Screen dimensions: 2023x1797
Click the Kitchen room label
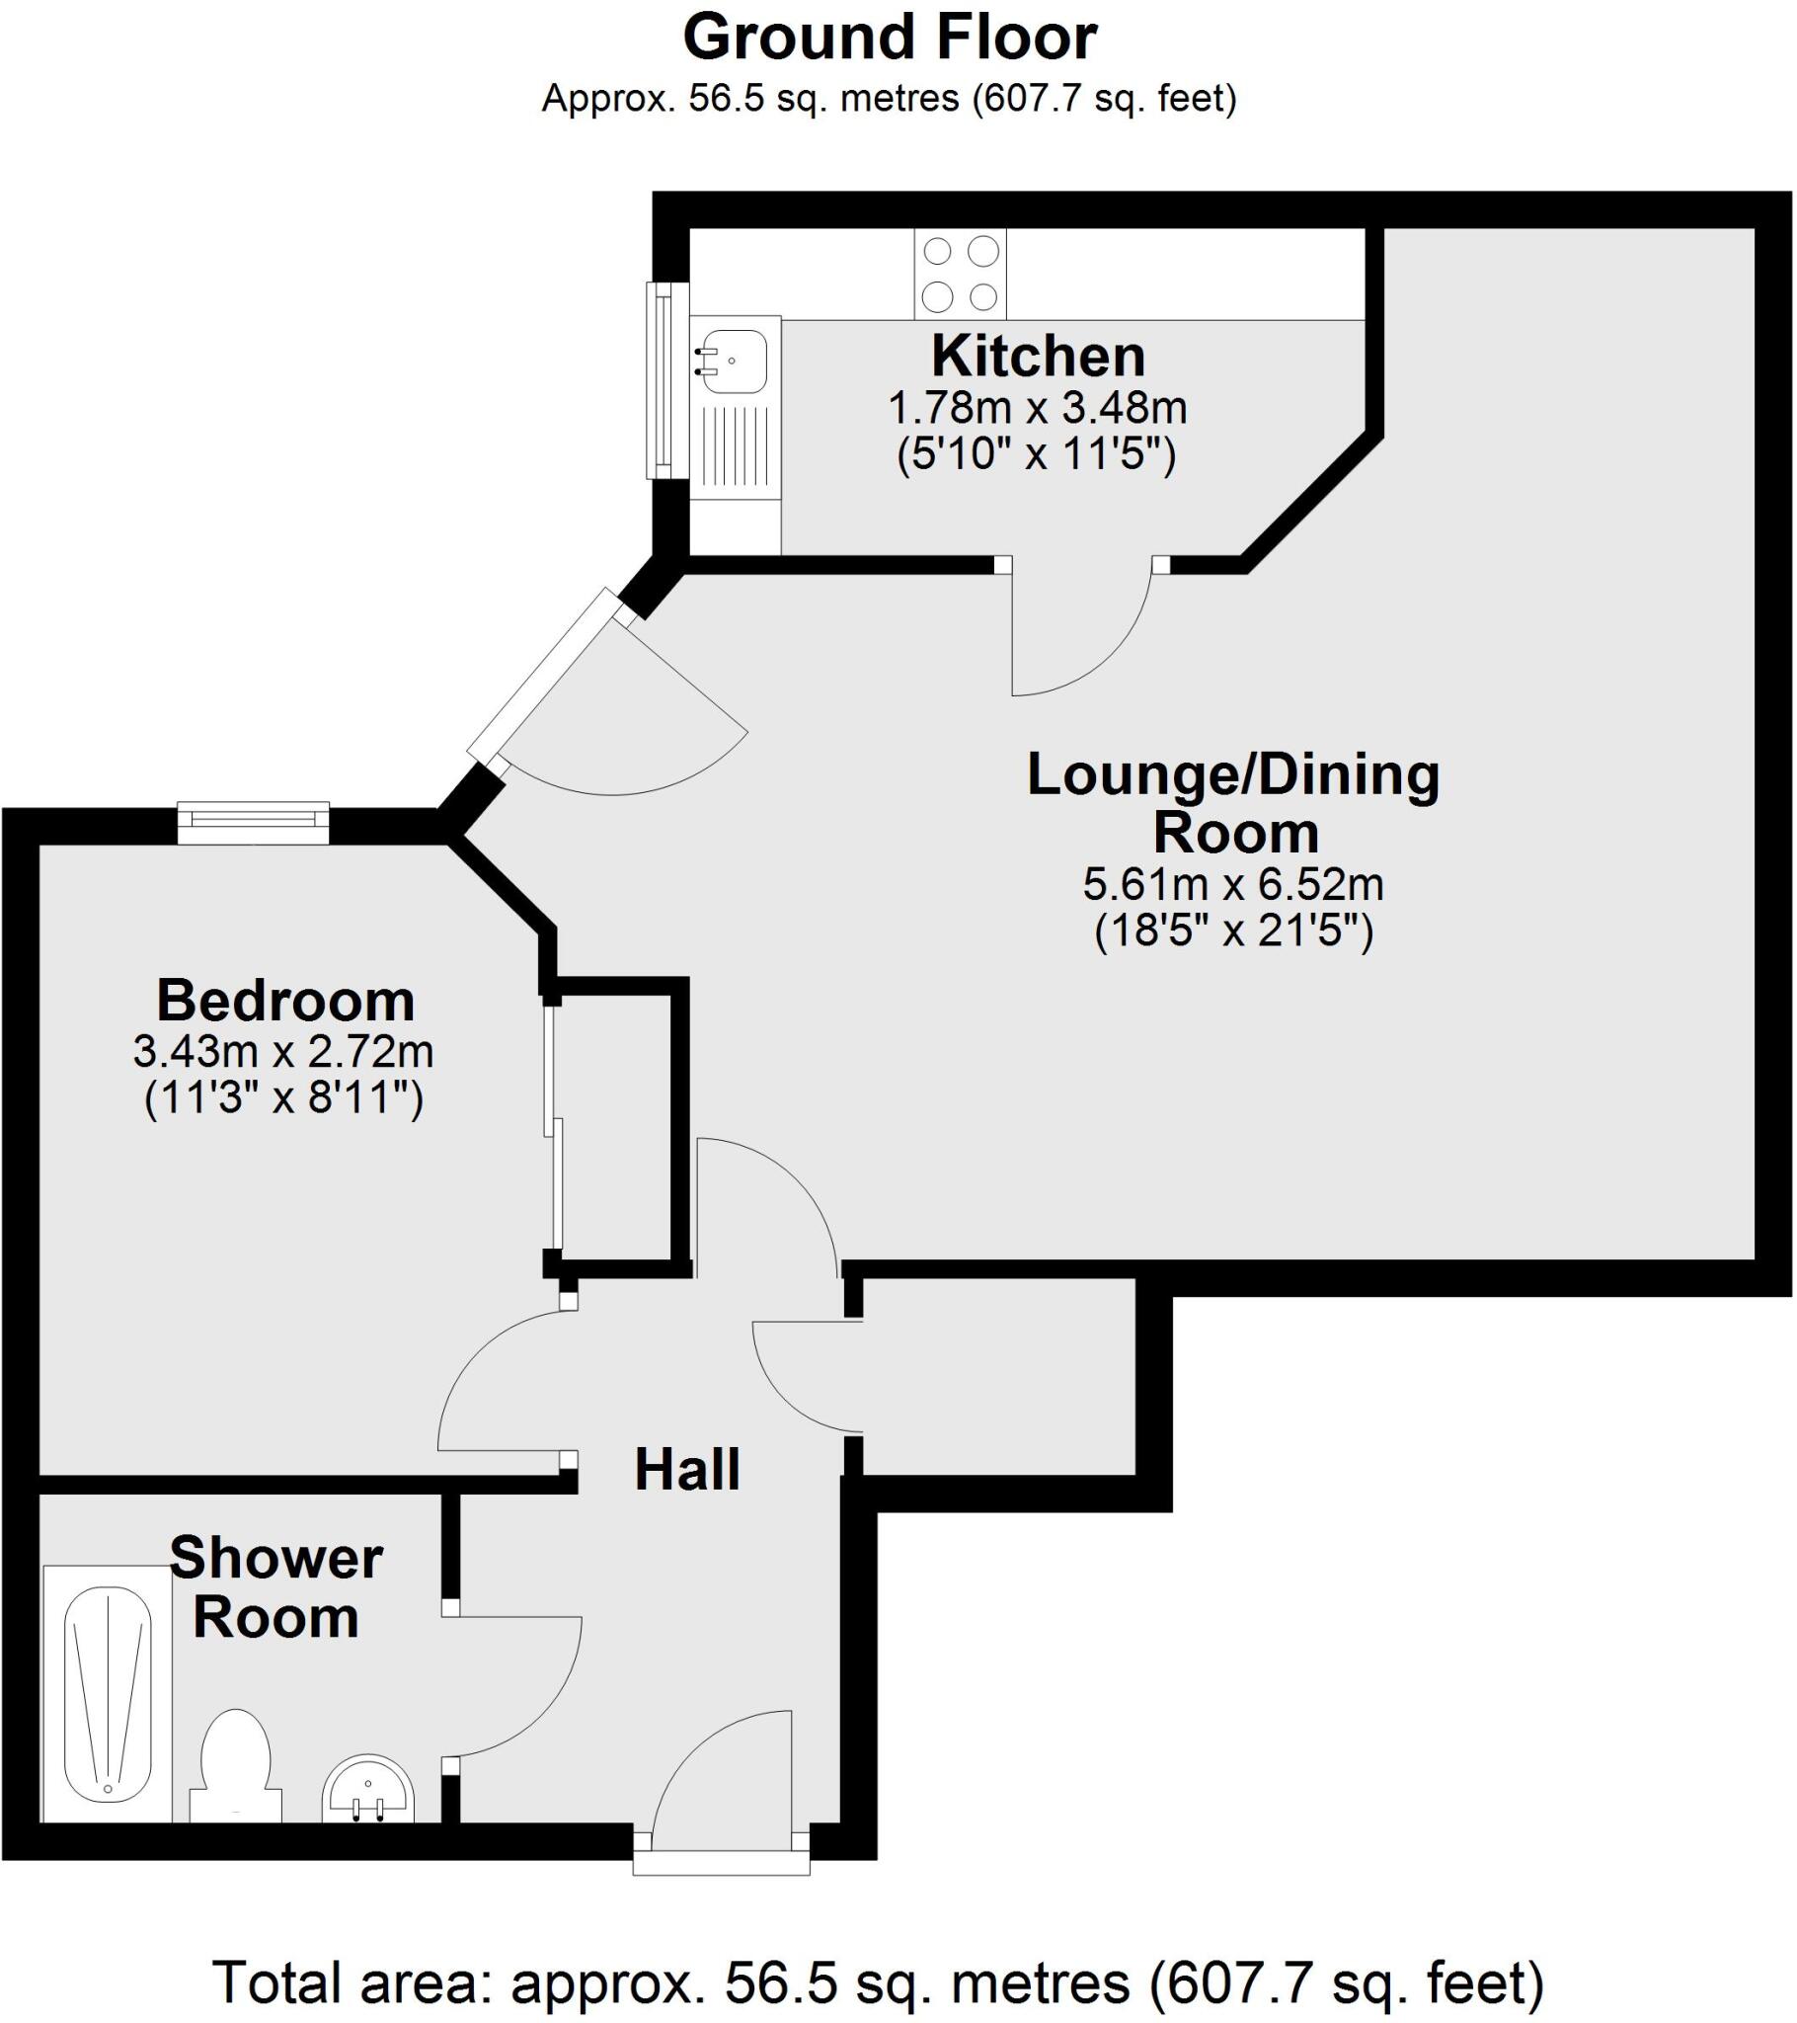[x=1038, y=357]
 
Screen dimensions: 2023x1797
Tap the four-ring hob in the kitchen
[x=960, y=275]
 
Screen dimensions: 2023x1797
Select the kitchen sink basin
[x=733, y=362]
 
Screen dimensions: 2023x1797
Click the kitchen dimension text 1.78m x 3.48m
[x=1037, y=408]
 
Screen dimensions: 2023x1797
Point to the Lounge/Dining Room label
[x=1234, y=803]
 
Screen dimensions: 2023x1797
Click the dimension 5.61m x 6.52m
[x=1233, y=885]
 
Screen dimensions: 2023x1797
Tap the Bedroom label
[x=285, y=1001]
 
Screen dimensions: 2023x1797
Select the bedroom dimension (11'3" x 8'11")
[x=284, y=1098]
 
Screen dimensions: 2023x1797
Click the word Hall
[x=687, y=1470]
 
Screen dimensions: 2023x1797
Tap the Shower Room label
[x=276, y=1587]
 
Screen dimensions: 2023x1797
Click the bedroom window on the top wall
[x=254, y=823]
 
